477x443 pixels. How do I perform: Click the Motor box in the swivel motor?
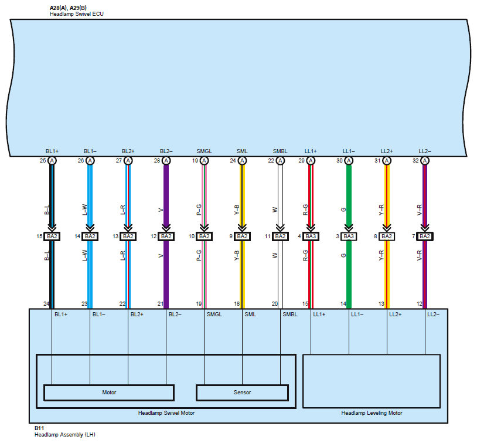pyautogui.click(x=109, y=393)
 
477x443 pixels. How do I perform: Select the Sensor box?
pyautogui.click(x=242, y=393)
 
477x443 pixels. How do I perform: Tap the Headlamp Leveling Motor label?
pyautogui.click(x=372, y=413)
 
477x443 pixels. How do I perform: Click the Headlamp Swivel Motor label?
pyautogui.click(x=166, y=413)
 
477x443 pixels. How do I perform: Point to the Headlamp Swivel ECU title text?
pyautogui.click(x=69, y=13)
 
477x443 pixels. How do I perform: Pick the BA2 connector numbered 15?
pyautogui.click(x=52, y=236)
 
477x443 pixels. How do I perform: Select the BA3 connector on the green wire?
pyautogui.click(x=349, y=236)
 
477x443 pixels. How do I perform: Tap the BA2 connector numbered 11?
pyautogui.click(x=280, y=236)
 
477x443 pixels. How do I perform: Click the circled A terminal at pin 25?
pyautogui.click(x=52, y=161)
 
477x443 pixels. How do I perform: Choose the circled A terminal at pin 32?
pyautogui.click(x=425, y=161)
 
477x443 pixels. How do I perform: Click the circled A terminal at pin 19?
pyautogui.click(x=204, y=161)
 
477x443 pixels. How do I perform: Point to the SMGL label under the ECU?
pyautogui.click(x=204, y=151)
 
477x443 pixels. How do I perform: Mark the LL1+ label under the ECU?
pyautogui.click(x=311, y=151)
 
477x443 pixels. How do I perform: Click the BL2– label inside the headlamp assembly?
pyautogui.click(x=175, y=315)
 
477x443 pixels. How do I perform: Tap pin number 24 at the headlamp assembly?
pyautogui.click(x=46, y=304)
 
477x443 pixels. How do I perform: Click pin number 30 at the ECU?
pyautogui.click(x=339, y=161)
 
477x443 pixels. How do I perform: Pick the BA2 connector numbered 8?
pyautogui.click(x=387, y=236)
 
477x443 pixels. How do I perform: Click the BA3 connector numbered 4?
pyautogui.click(x=311, y=236)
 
